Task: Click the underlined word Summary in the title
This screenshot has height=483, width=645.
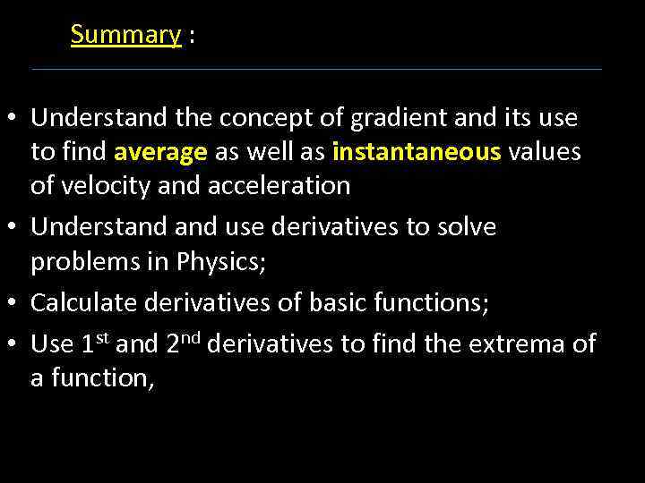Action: pyautogui.click(x=125, y=34)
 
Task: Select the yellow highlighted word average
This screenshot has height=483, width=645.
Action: pyautogui.click(x=160, y=152)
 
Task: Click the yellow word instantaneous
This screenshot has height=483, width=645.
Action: pyautogui.click(x=416, y=152)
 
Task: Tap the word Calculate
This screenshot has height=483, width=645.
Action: pyautogui.click(x=82, y=303)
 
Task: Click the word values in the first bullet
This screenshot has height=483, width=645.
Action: pyautogui.click(x=544, y=152)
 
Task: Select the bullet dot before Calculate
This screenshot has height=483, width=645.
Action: pyautogui.click(x=16, y=303)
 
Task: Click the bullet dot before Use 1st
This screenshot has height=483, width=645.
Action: pyautogui.click(x=16, y=344)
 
